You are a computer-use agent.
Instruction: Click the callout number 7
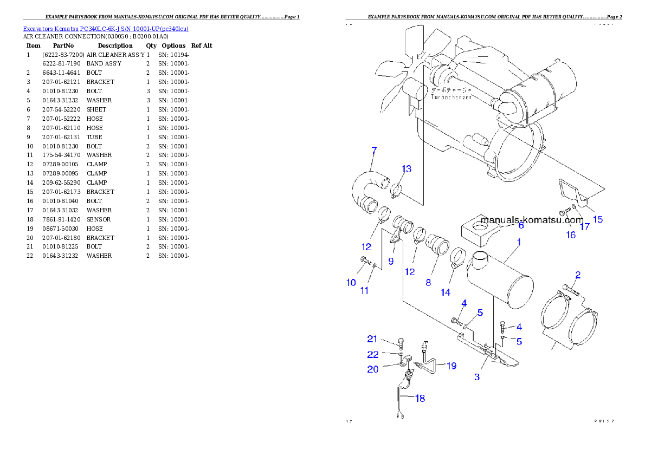[374, 150]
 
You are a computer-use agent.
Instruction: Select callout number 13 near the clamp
[407, 169]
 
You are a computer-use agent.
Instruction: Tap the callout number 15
[597, 219]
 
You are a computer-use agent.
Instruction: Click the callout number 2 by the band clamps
[578, 275]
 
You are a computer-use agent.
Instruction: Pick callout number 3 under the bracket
[477, 377]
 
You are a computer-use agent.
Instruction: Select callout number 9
[390, 260]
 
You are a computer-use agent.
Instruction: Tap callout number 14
[445, 292]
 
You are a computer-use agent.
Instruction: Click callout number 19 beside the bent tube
[451, 366]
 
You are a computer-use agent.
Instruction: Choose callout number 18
[420, 399]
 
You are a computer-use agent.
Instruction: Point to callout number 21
[372, 339]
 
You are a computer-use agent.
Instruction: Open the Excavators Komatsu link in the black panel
[106, 29]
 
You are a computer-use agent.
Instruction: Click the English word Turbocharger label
[451, 97]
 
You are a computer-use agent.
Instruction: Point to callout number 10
[351, 283]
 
